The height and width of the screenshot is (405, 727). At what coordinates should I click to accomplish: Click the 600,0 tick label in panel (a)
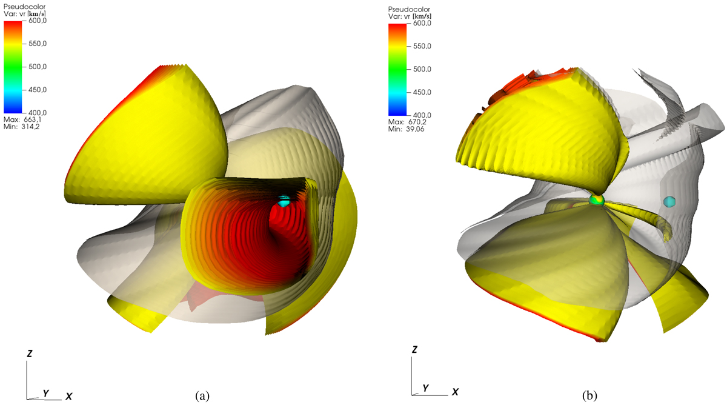(38, 21)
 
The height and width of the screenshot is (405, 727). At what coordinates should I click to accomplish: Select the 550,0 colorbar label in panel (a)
(38, 44)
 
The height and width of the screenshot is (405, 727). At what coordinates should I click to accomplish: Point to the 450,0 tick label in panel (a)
(38, 90)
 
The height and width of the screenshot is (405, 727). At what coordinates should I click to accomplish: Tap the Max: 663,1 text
(22, 119)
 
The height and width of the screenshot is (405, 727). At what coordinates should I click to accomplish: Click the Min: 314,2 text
(21, 127)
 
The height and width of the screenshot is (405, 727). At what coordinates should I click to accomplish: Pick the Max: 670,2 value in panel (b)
(407, 122)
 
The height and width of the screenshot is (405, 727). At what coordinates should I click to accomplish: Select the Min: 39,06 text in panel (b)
(406, 129)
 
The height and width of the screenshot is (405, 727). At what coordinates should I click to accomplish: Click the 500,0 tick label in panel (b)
(422, 69)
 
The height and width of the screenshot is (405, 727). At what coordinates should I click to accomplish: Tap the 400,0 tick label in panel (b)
(422, 115)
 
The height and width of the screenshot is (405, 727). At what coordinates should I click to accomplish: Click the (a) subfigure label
(202, 396)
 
